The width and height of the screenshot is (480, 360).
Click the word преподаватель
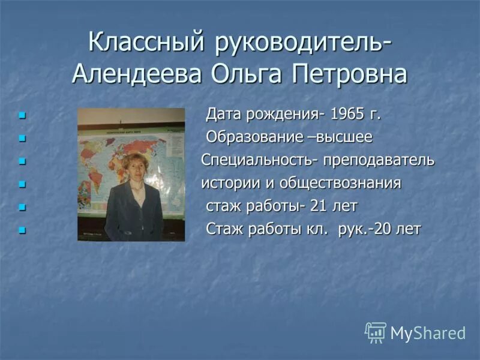point(379,161)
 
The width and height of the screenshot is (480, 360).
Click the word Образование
point(254,137)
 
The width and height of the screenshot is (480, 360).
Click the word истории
point(226,183)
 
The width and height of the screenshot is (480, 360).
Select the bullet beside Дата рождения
point(23,115)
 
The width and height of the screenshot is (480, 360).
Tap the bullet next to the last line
point(23,230)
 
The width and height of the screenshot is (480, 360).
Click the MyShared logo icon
point(376,332)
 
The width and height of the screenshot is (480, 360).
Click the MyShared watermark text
point(428,334)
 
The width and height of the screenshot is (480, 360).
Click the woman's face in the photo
point(133,168)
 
